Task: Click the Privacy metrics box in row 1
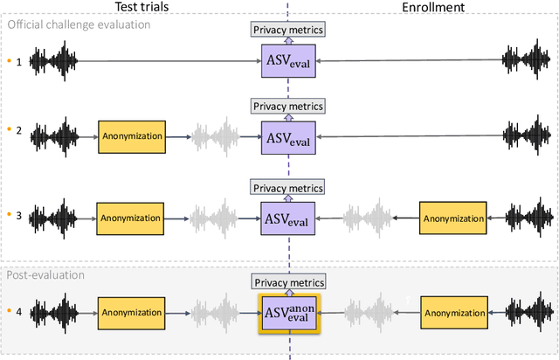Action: tap(288, 31)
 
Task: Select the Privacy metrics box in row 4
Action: tap(288, 281)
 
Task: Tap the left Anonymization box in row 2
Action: tap(130, 137)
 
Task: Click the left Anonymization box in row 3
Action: tap(130, 217)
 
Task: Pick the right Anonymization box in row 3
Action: tap(452, 217)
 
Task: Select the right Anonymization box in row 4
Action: tap(452, 313)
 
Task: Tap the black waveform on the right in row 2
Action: tap(524, 137)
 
